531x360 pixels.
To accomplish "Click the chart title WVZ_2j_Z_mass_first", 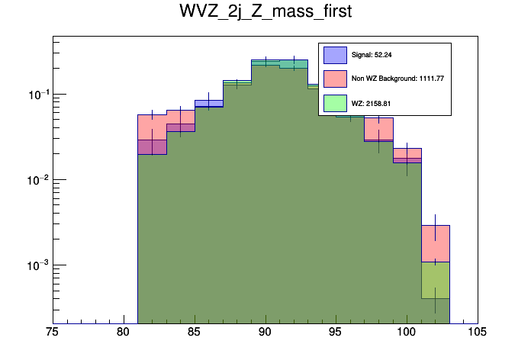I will point(265,13).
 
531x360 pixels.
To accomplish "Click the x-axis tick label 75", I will point(52,332).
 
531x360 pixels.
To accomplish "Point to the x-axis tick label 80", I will point(123,332).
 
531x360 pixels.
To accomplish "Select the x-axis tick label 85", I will point(194,332).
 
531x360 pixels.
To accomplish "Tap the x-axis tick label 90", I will point(265,332).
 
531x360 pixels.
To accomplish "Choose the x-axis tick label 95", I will point(336,332).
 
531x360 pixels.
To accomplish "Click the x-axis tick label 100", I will point(407,332).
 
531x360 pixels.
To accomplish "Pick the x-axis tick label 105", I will point(478,332).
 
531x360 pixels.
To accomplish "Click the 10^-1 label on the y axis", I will point(34,95).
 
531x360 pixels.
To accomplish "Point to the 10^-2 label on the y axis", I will point(34,180).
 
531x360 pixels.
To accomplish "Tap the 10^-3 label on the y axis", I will point(34,265).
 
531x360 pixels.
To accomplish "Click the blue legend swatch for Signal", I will point(335,55).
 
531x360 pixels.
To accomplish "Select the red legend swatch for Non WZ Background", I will point(335,79).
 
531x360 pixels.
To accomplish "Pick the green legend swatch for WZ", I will point(335,102).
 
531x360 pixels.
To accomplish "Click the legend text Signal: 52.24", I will point(372,55).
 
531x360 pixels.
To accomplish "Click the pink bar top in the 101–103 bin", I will point(436,225).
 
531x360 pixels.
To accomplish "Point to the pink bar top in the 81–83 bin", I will point(152,115).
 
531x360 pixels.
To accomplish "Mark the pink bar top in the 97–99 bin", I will point(379,118).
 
